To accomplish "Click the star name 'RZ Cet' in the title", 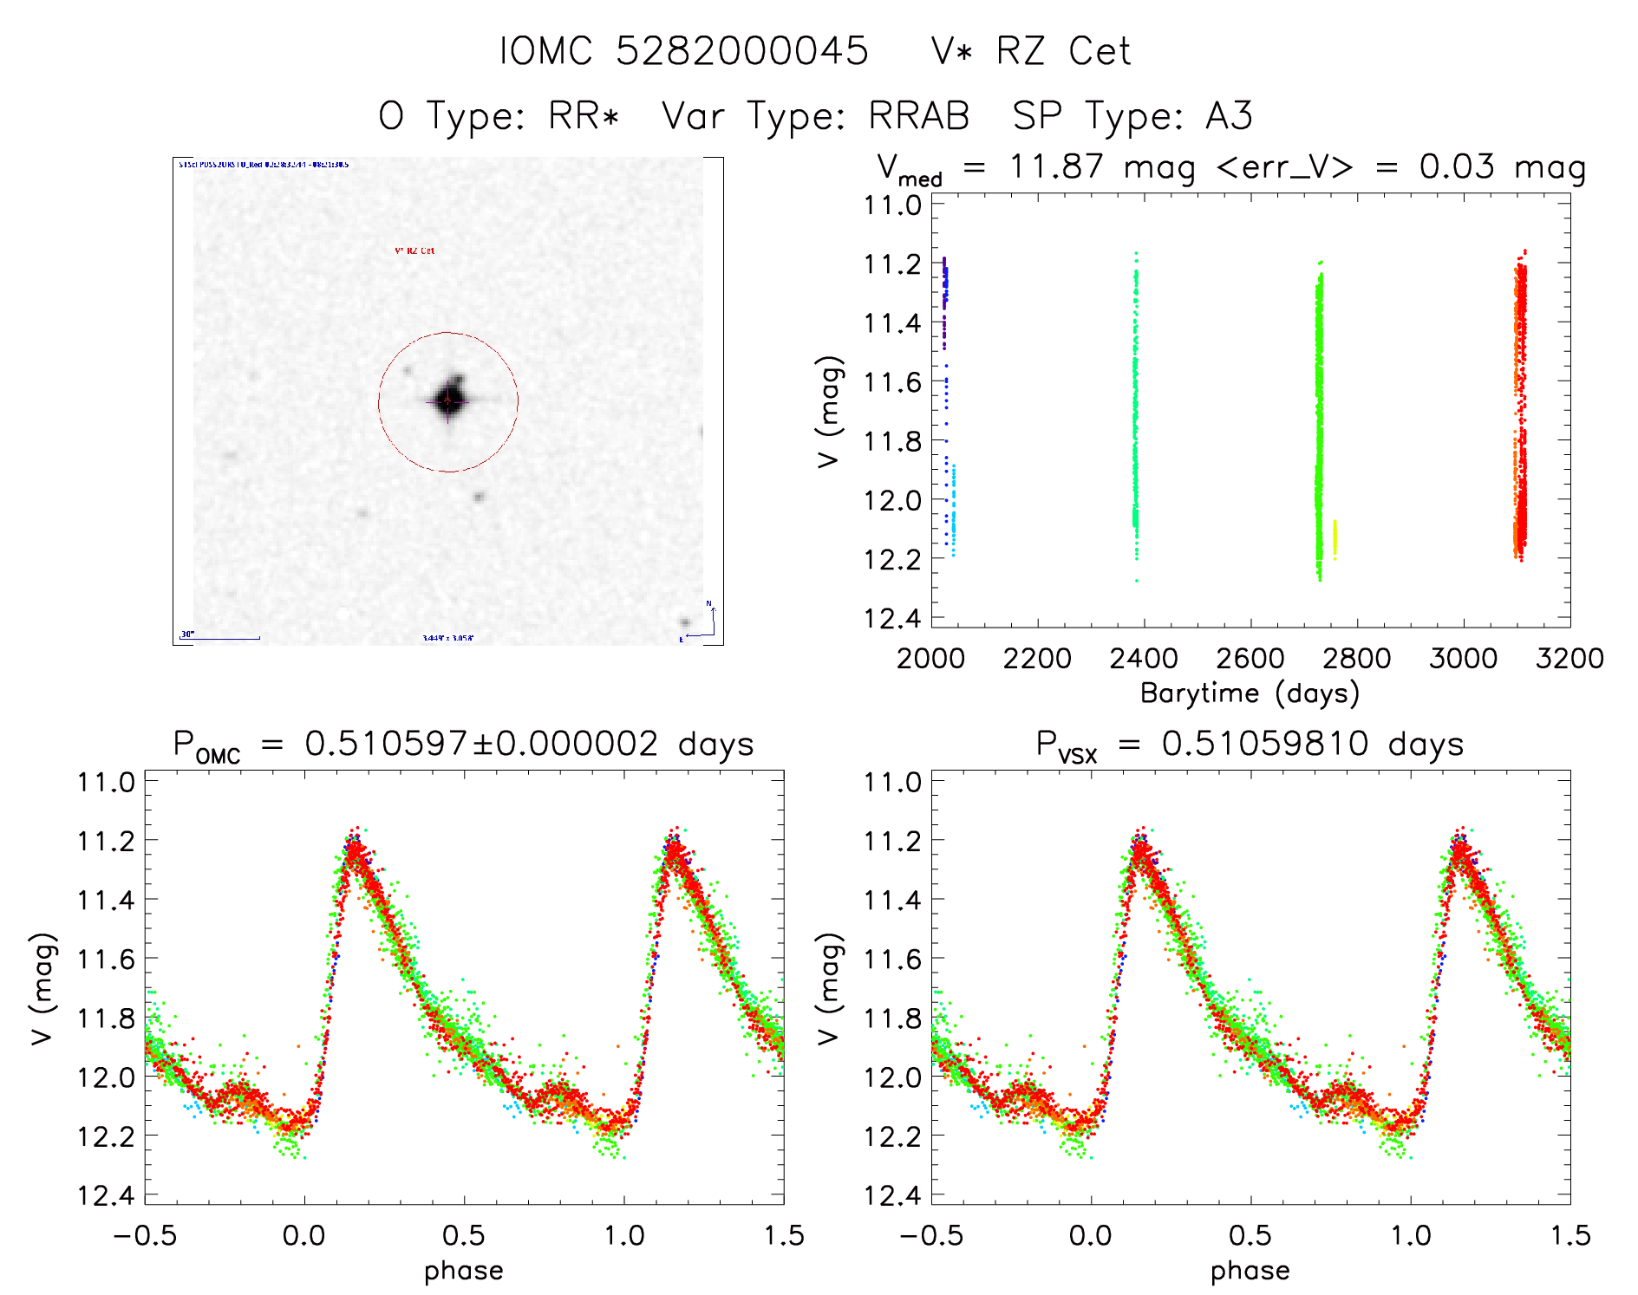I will click(1063, 51).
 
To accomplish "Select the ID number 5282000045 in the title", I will click(741, 51).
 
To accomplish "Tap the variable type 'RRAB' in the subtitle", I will click(918, 116).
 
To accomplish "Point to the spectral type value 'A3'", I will click(1229, 116).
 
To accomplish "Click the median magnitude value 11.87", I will click(1056, 166).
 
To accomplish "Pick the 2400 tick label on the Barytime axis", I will click(1144, 659).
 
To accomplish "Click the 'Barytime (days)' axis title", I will click(1250, 693).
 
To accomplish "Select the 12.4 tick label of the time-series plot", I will click(892, 618).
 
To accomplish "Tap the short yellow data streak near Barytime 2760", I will click(1335, 539).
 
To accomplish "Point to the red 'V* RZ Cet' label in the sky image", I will click(414, 251).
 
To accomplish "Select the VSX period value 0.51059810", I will click(1265, 744).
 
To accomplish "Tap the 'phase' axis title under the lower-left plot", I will click(463, 1271).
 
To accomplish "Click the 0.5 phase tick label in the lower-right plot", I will click(1250, 1235).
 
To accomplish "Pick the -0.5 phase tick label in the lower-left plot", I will click(145, 1235).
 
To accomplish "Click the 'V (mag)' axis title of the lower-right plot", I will click(829, 989).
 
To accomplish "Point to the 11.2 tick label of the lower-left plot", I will click(106, 841).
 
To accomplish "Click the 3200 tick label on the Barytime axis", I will click(1569, 659).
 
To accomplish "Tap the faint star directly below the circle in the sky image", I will click(479, 497).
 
